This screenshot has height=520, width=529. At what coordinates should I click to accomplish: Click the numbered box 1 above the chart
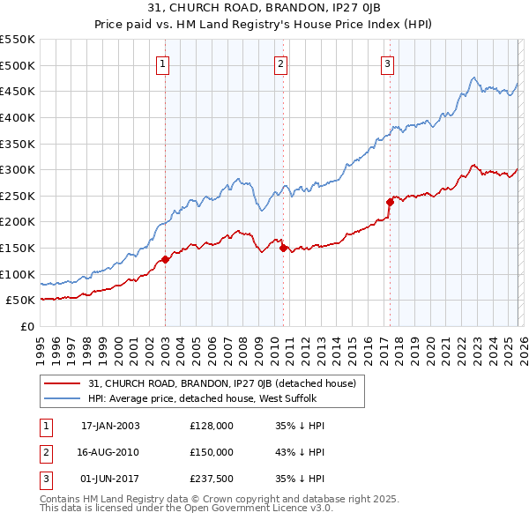tap(165, 63)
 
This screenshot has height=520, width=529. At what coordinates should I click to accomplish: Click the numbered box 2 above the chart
tap(280, 63)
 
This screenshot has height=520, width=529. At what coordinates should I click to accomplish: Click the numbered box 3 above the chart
tap(388, 63)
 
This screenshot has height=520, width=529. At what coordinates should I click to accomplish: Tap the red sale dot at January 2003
tap(165, 259)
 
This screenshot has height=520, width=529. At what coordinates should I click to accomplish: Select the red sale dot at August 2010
tap(283, 248)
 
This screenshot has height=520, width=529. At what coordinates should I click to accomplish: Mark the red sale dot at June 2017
tap(389, 202)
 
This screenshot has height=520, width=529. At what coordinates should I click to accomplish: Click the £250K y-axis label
tap(18, 196)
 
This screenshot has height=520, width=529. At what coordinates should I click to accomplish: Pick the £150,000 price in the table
tap(212, 452)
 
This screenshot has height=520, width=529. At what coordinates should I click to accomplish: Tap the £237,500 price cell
tap(212, 479)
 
